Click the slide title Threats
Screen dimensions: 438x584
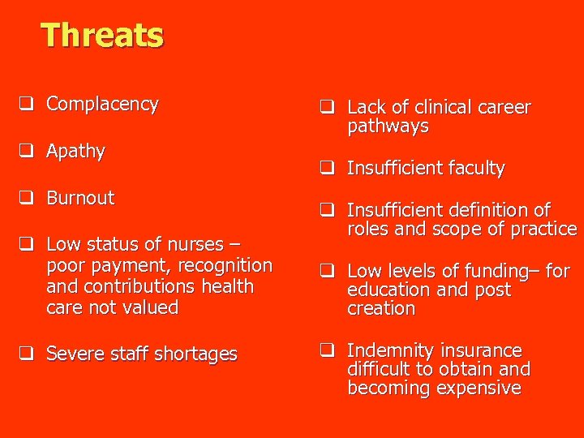click(x=102, y=36)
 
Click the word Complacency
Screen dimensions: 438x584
click(x=102, y=104)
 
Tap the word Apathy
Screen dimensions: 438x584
click(x=75, y=151)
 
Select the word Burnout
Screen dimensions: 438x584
click(x=80, y=198)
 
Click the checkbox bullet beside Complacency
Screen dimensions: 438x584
click(x=27, y=104)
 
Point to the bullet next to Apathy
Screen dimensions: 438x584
click(x=27, y=151)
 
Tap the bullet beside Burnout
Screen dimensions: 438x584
click(x=27, y=198)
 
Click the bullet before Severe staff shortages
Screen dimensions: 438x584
click(x=27, y=354)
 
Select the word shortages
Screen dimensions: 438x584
click(x=198, y=354)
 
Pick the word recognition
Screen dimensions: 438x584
click(x=227, y=265)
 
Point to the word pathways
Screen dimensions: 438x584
click(x=388, y=127)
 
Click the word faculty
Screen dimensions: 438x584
click(x=474, y=169)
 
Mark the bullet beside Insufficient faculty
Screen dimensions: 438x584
click(x=327, y=169)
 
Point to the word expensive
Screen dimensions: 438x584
click(x=478, y=388)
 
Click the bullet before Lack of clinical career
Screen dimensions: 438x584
click(x=327, y=107)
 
